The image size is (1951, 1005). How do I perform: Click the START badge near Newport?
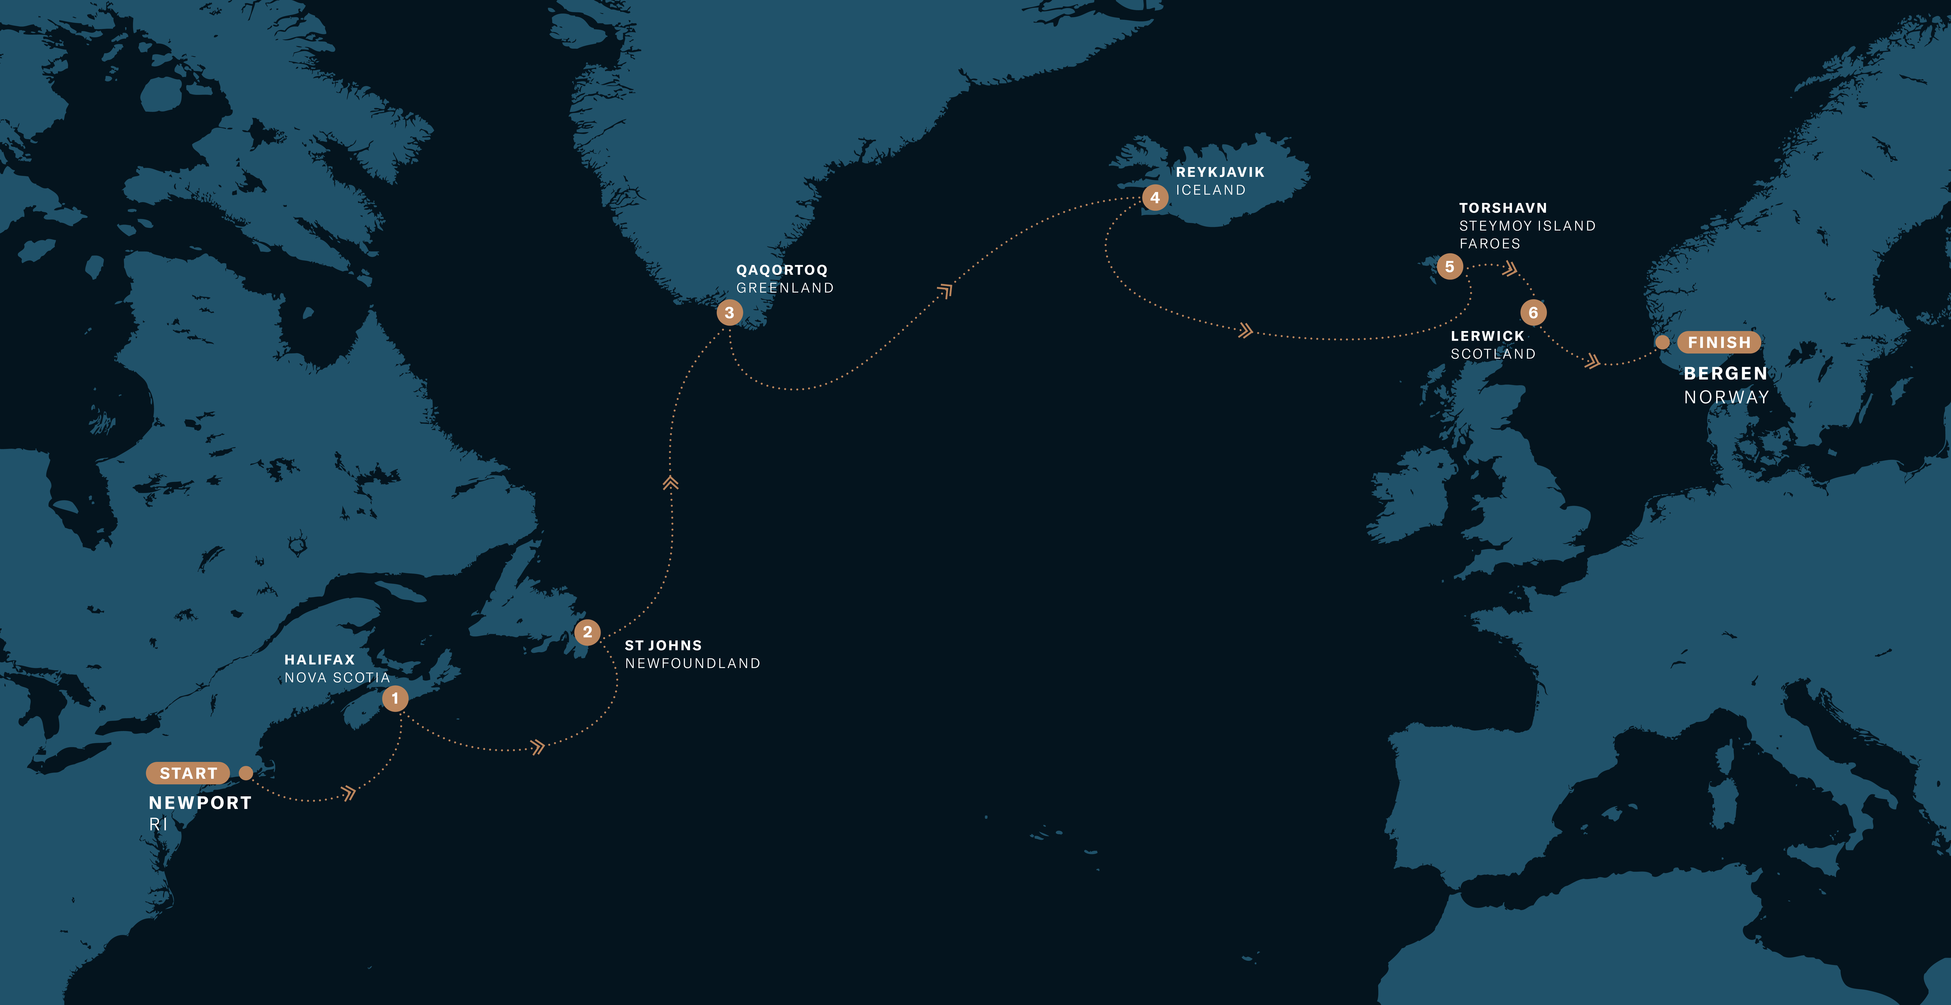188,773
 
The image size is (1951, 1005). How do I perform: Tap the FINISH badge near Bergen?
1719,342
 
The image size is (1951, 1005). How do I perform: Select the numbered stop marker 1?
395,698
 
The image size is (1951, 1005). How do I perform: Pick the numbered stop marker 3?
729,312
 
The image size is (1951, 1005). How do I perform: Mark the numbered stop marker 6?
1533,312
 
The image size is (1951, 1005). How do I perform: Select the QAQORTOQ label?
782,270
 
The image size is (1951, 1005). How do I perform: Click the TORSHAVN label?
1503,207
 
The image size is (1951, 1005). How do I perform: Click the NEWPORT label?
200,803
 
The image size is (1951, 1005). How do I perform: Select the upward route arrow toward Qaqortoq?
670,482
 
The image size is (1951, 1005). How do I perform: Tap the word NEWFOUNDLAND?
692,664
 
